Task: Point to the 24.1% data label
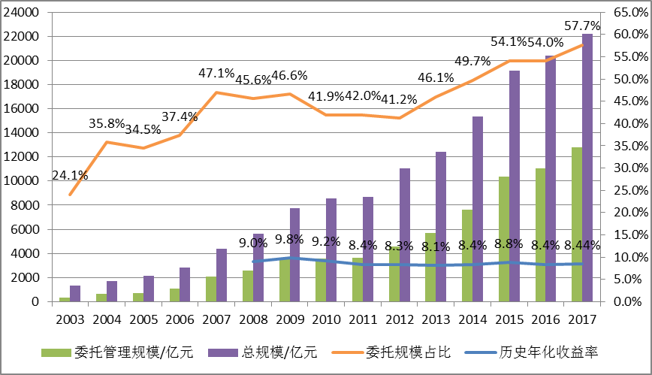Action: (x=70, y=177)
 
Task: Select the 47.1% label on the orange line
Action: (x=216, y=74)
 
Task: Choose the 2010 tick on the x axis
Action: (x=326, y=319)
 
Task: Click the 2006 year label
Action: (x=180, y=319)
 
